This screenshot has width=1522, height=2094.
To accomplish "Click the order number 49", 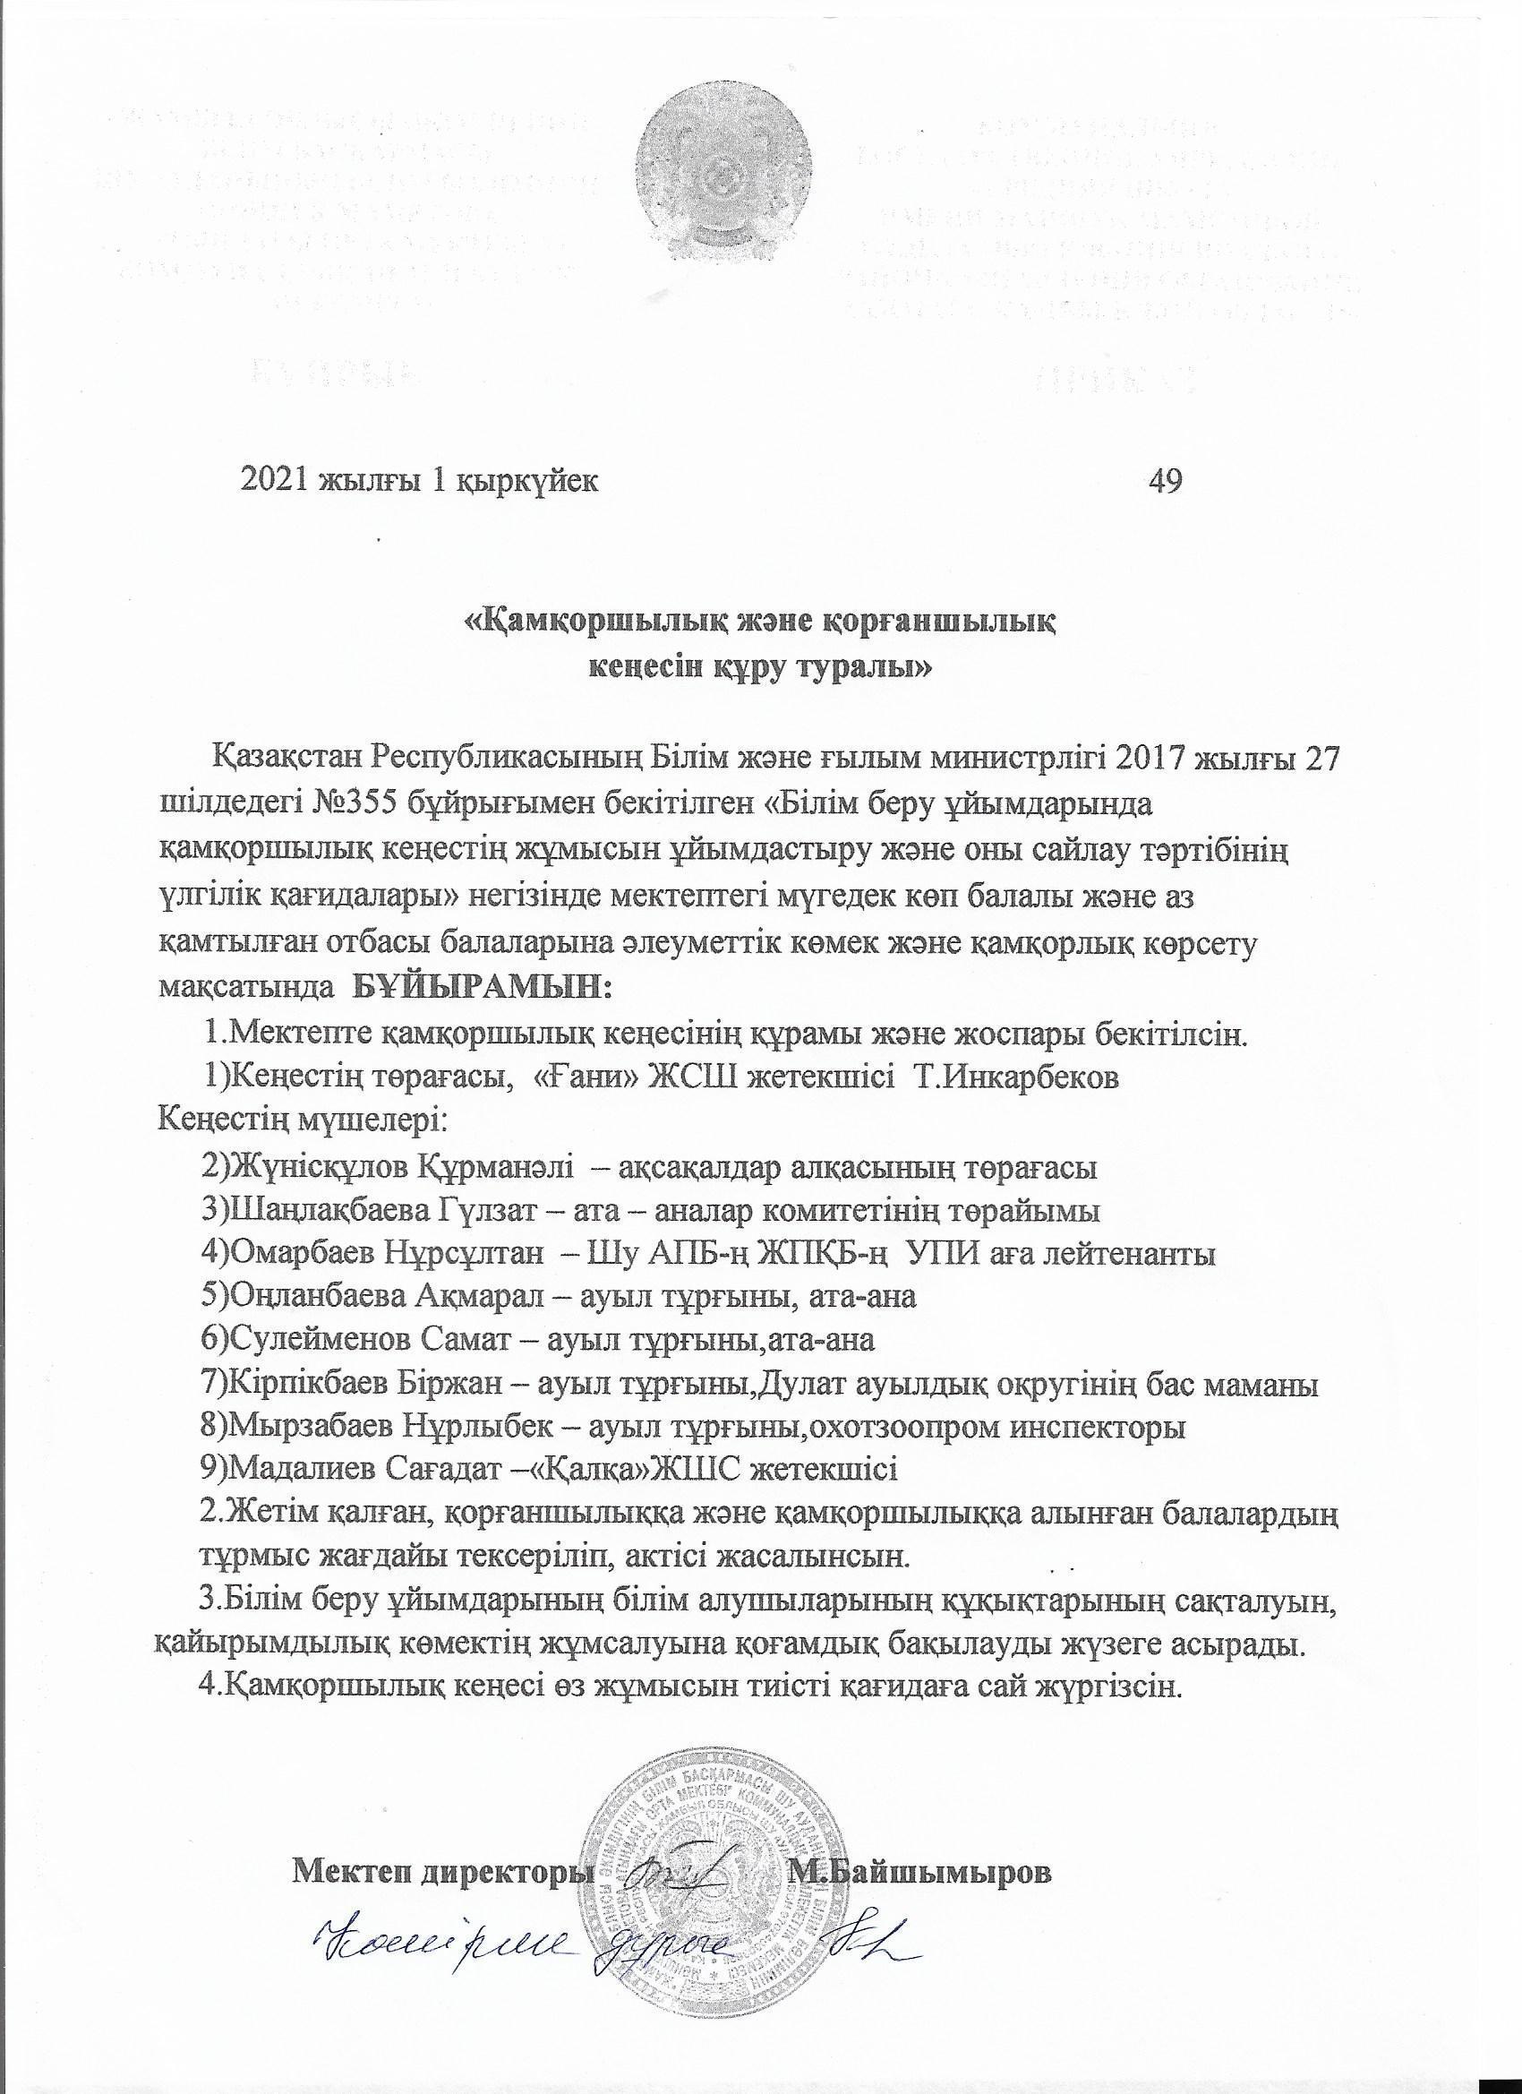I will pyautogui.click(x=1166, y=481).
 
